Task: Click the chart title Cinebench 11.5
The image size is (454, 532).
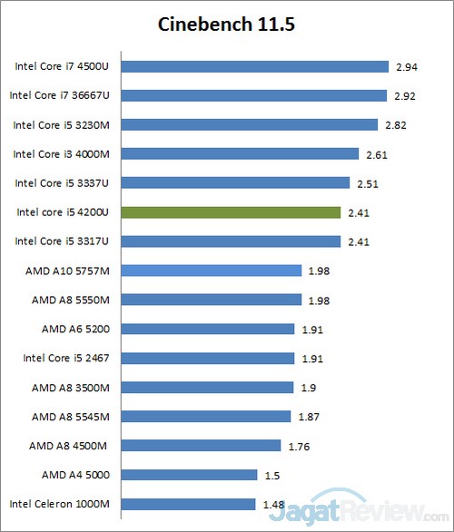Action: coord(226,24)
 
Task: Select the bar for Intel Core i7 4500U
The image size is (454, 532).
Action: coord(254,66)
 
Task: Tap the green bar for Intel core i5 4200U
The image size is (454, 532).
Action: coord(231,212)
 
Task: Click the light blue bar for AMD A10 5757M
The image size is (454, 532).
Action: coord(211,271)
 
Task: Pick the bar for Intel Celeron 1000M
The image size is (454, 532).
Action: coord(188,504)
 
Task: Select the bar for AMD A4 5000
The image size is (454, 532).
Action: coord(189,475)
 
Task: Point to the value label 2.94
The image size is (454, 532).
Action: coord(406,67)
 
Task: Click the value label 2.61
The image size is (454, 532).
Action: coord(377,154)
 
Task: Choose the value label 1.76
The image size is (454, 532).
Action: coord(299,446)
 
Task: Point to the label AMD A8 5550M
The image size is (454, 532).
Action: coord(70,300)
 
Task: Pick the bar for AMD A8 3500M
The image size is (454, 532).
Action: coord(207,388)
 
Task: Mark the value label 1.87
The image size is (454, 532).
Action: coord(309,417)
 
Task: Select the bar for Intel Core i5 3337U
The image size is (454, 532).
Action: coord(235,183)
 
